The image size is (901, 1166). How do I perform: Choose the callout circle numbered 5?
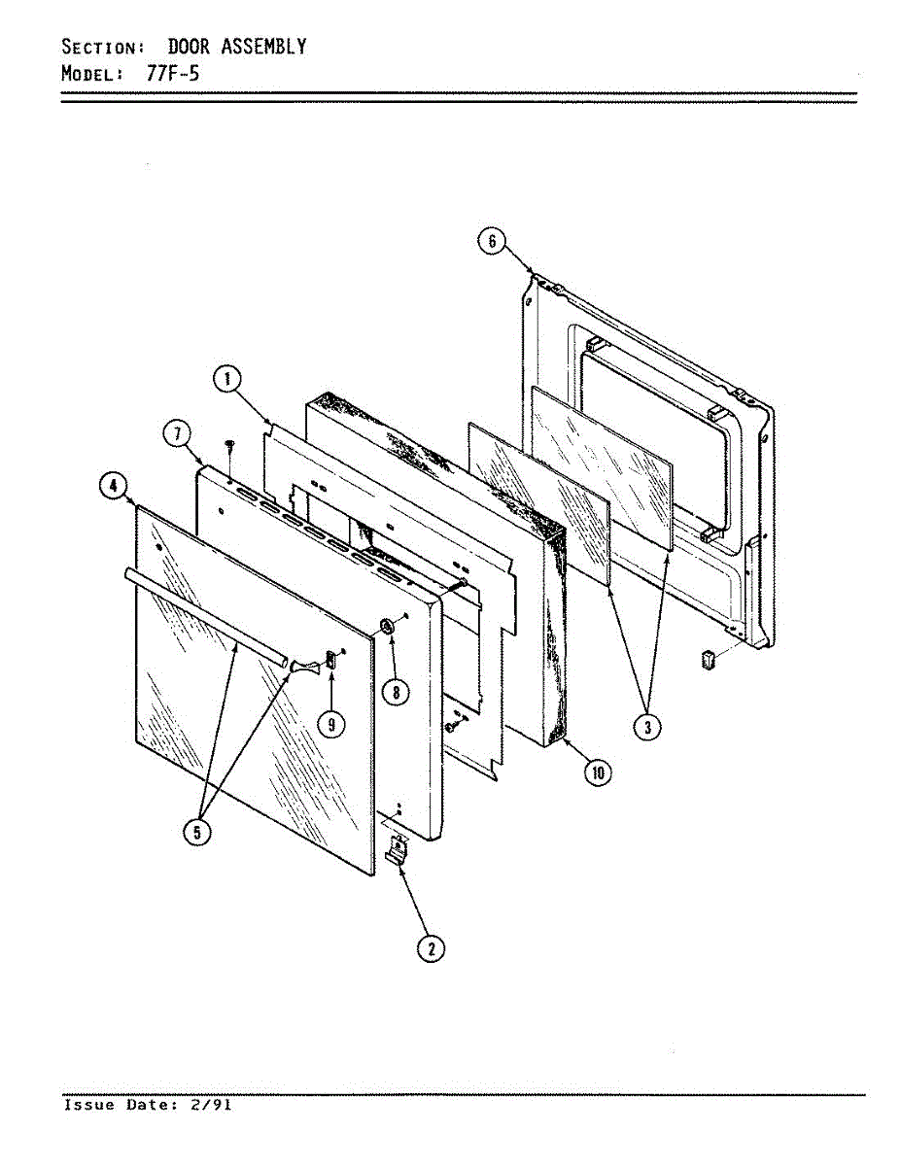click(x=198, y=833)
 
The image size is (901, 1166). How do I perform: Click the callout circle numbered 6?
click(x=493, y=241)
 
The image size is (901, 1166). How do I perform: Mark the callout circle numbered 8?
click(x=395, y=692)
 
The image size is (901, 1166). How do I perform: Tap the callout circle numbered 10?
click(x=597, y=772)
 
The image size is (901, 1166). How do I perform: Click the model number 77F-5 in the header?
click(x=174, y=73)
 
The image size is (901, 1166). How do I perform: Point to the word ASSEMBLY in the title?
click(x=261, y=47)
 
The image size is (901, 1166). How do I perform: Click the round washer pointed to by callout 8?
click(x=387, y=626)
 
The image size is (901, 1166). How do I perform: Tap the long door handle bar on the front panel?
click(x=204, y=615)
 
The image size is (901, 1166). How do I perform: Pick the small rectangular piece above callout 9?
click(x=329, y=659)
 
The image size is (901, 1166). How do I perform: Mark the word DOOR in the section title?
click(x=189, y=47)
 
